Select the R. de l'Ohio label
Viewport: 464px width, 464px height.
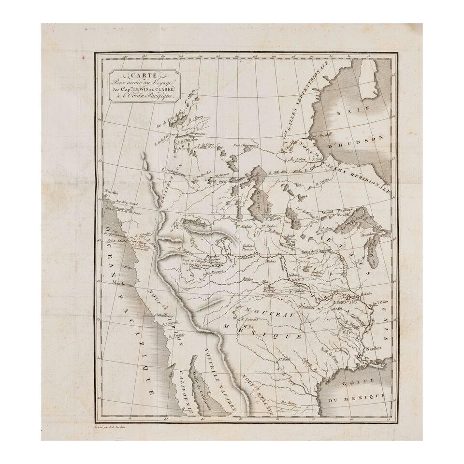(380, 303)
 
